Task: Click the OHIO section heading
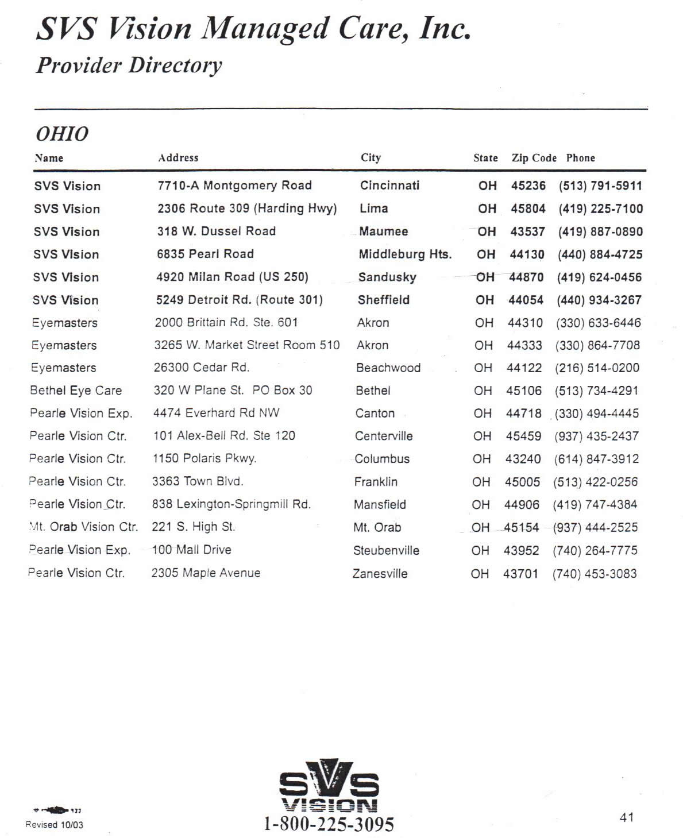62,134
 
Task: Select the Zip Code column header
534,158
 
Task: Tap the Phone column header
580,158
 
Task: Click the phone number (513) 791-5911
600,186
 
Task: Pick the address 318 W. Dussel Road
216,231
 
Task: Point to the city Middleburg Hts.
405,254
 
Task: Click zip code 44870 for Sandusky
526,277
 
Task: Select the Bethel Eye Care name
76,391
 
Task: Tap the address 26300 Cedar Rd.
201,368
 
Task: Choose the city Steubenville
386,550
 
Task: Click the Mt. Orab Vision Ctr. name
83,527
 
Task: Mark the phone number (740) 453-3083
594,573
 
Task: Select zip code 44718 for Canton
523,413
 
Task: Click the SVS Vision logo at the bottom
329,786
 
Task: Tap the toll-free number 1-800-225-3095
329,824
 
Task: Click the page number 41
627,817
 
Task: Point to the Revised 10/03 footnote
54,825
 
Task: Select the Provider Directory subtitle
129,65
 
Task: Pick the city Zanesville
380,573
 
